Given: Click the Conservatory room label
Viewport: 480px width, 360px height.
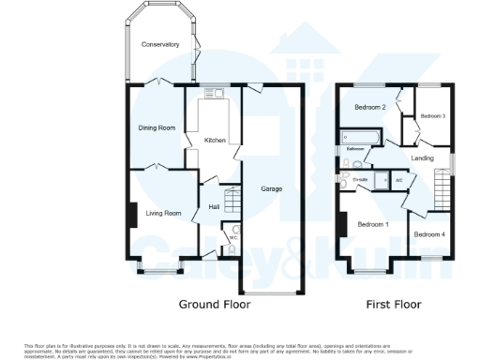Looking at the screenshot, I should click(x=159, y=45).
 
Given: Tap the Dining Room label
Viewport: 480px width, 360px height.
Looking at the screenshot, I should click(x=157, y=127).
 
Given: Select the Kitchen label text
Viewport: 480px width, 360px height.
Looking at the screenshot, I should click(x=215, y=141).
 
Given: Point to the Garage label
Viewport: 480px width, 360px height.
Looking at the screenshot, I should click(x=272, y=189).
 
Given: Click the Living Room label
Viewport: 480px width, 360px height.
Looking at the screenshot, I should click(x=163, y=214).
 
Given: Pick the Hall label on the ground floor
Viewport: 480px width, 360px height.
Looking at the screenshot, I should click(x=213, y=206).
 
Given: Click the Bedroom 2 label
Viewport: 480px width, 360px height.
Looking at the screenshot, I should click(x=370, y=108).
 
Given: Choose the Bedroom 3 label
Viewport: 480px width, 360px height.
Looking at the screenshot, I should click(x=432, y=115).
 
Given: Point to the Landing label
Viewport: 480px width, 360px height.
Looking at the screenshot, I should click(x=422, y=158).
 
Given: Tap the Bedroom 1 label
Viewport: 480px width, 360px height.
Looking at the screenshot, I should click(x=373, y=224).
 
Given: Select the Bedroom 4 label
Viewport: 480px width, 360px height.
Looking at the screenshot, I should click(x=429, y=234).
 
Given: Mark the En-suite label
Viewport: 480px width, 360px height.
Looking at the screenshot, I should click(x=359, y=175).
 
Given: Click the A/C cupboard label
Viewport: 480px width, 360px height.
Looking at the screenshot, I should click(x=398, y=179).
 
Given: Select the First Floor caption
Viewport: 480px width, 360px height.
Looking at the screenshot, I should click(x=394, y=305).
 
